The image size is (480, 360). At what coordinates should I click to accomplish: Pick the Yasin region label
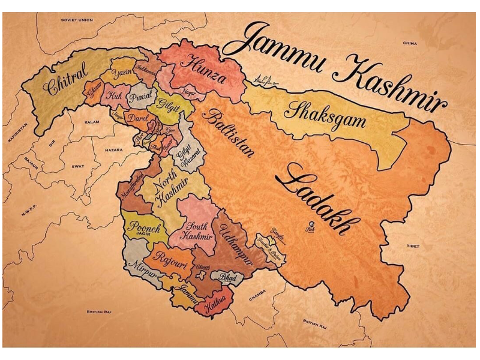coord(123,74)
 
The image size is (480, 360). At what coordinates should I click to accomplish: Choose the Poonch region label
coord(144,228)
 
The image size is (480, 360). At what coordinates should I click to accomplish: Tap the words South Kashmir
coord(197,231)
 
